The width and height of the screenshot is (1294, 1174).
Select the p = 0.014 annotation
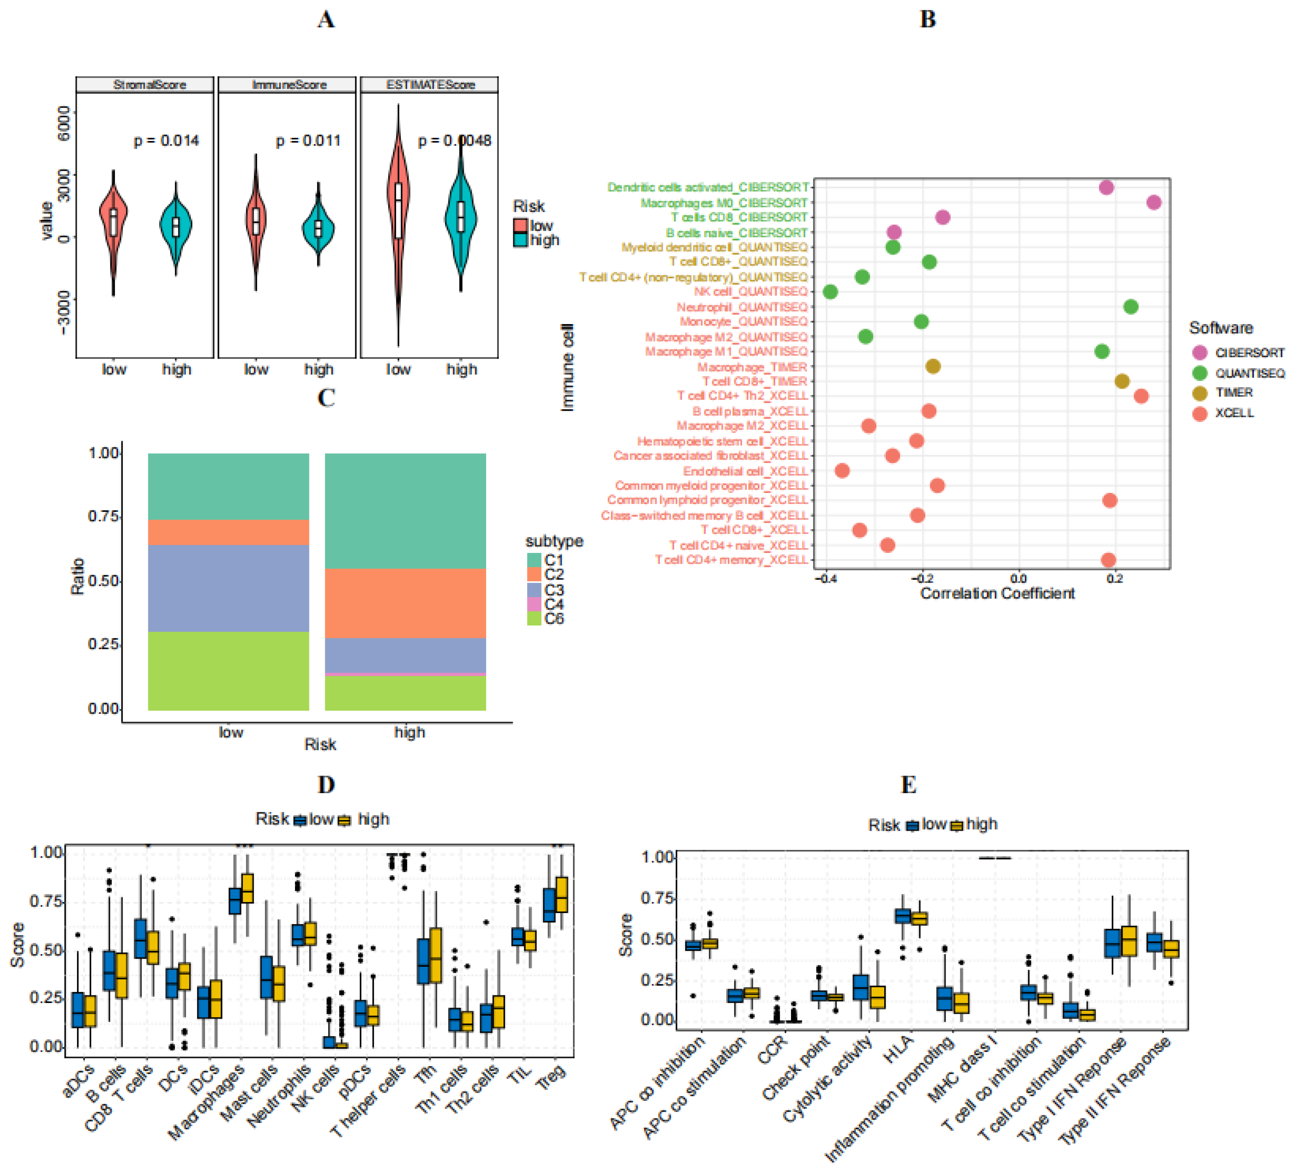pos(166,140)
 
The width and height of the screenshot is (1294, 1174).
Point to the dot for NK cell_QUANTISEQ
pos(830,292)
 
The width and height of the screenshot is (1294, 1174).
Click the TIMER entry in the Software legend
pos(1233,393)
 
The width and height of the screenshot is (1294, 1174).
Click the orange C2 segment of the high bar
pos(405,603)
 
